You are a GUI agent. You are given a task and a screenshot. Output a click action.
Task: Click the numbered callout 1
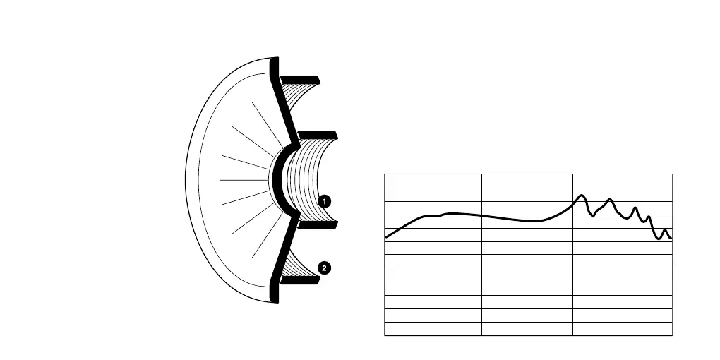pyautogui.click(x=324, y=201)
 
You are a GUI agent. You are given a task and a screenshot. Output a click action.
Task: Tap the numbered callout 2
pyautogui.click(x=323, y=268)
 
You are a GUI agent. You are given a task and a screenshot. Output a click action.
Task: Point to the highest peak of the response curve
pyautogui.click(x=581, y=196)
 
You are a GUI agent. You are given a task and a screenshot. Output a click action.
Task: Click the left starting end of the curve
pyautogui.click(x=386, y=238)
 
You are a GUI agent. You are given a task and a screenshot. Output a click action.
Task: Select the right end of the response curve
pyautogui.click(x=671, y=237)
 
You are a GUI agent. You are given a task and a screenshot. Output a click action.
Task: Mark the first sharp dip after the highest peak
pyautogui.click(x=593, y=215)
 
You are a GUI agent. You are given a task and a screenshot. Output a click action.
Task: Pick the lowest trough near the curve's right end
pyautogui.click(x=659, y=239)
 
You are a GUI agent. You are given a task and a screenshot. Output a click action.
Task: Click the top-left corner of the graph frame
pyautogui.click(x=385, y=174)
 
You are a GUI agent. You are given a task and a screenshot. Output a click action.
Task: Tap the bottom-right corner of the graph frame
pyautogui.click(x=672, y=335)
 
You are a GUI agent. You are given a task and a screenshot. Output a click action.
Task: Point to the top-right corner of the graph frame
pyautogui.click(x=672, y=174)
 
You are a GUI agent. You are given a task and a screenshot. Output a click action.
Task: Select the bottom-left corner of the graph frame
pyautogui.click(x=385, y=335)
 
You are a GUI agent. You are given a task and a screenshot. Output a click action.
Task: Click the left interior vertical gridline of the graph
pyautogui.click(x=481, y=282)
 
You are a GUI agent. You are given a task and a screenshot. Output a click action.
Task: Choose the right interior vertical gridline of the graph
pyautogui.click(x=572, y=282)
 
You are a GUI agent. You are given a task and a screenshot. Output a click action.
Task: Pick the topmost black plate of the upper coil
pyautogui.click(x=301, y=78)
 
